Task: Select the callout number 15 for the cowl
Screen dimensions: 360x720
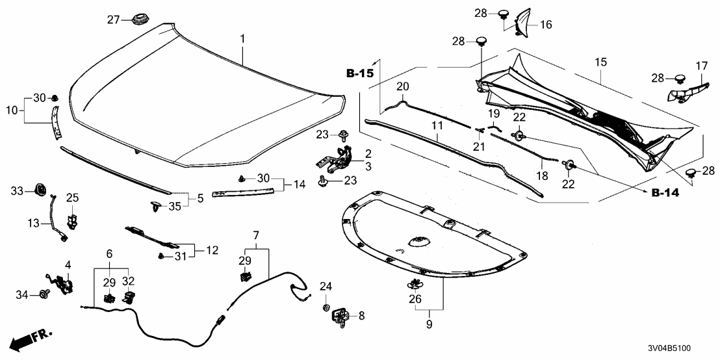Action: point(600,62)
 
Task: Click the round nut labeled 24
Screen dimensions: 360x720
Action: point(326,305)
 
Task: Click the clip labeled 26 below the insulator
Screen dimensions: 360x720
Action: point(414,283)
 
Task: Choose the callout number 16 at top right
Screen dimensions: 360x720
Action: point(545,25)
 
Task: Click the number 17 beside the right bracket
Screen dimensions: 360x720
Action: point(702,66)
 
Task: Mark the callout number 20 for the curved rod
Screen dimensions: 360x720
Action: point(403,86)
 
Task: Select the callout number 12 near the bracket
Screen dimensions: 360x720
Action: point(212,249)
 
